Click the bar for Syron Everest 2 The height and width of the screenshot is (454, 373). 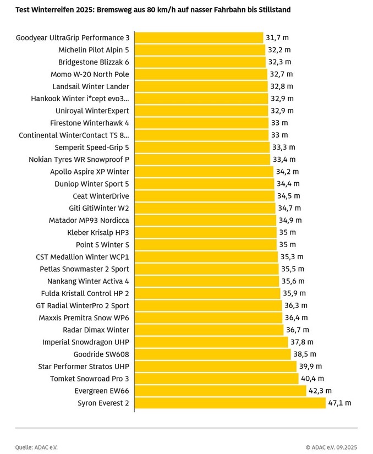230,403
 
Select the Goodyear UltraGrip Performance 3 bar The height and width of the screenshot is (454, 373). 199,37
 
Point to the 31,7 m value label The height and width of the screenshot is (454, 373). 277,37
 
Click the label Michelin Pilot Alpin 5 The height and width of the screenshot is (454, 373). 94,50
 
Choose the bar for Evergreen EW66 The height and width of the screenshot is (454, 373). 220,391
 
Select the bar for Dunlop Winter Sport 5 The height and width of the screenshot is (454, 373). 205,184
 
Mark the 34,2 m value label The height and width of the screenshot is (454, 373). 288,172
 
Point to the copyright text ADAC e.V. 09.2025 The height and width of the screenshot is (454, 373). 332,447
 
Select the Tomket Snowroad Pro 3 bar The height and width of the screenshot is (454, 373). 216,379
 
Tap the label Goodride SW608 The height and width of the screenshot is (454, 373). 101,354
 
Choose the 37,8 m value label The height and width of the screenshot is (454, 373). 302,342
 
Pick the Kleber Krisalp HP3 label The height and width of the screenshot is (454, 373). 98,232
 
